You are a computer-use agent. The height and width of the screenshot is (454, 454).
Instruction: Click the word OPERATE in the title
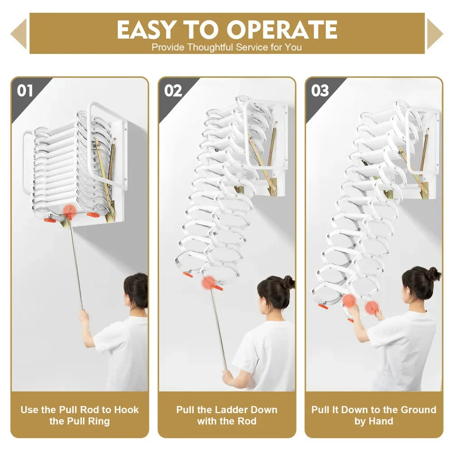pos(282,30)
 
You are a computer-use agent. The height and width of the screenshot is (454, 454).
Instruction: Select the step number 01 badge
pos(25,91)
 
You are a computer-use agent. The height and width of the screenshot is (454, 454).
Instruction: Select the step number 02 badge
pos(173,91)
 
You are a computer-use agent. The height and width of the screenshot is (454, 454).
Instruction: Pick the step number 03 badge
pos(320,91)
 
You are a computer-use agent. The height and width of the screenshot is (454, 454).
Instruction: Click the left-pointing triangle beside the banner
pos(19,34)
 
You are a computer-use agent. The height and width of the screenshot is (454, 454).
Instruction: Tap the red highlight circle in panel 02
pos(208,282)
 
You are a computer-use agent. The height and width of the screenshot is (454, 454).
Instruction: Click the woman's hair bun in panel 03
pos(434,273)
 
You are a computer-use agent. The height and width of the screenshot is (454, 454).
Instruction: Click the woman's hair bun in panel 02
pos(288,282)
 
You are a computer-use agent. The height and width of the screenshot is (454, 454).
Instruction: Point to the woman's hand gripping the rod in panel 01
pos(84,315)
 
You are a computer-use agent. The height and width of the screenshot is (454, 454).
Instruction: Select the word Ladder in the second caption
pos(225,410)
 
